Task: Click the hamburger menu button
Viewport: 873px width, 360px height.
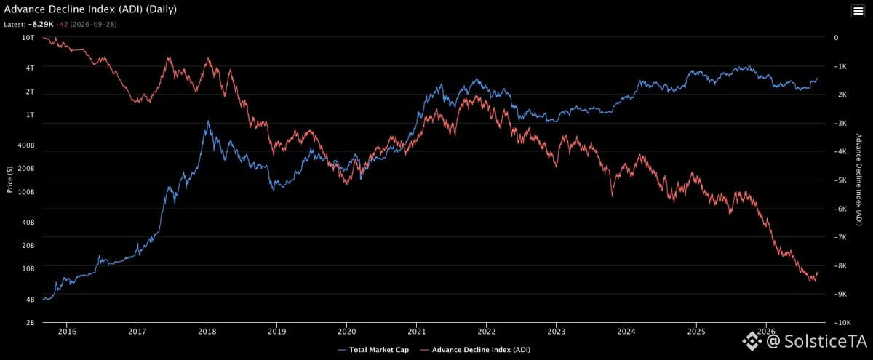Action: [x=858, y=11]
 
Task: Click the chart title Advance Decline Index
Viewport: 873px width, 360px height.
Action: [x=74, y=9]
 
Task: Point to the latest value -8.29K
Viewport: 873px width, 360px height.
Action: [x=41, y=24]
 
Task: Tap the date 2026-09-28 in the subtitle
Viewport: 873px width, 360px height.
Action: [x=94, y=24]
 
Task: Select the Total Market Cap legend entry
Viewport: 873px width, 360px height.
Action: [x=373, y=350]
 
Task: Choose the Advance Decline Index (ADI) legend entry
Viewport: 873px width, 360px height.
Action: [x=475, y=350]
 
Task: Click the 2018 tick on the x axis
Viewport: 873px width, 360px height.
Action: [x=207, y=332]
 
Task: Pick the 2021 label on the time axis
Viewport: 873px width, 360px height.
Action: [x=417, y=332]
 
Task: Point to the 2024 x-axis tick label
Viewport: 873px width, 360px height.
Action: [x=626, y=332]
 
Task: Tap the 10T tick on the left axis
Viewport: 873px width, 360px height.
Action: [x=28, y=38]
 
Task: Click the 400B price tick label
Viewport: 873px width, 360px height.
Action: [x=26, y=145]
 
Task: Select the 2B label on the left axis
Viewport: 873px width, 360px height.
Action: [x=31, y=323]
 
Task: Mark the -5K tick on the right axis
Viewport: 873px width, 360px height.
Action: [x=840, y=180]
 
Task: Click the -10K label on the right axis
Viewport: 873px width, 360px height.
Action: [x=840, y=323]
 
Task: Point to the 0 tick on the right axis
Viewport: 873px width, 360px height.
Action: [x=836, y=38]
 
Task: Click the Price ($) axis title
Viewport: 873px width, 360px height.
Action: [x=9, y=180]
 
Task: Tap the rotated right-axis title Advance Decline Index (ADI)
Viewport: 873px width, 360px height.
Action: [x=858, y=180]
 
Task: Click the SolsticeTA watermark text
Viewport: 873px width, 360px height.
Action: [x=826, y=341]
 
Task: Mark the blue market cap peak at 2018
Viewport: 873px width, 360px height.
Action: [x=208, y=121]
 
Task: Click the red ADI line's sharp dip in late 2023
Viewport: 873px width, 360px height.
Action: [x=612, y=196]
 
